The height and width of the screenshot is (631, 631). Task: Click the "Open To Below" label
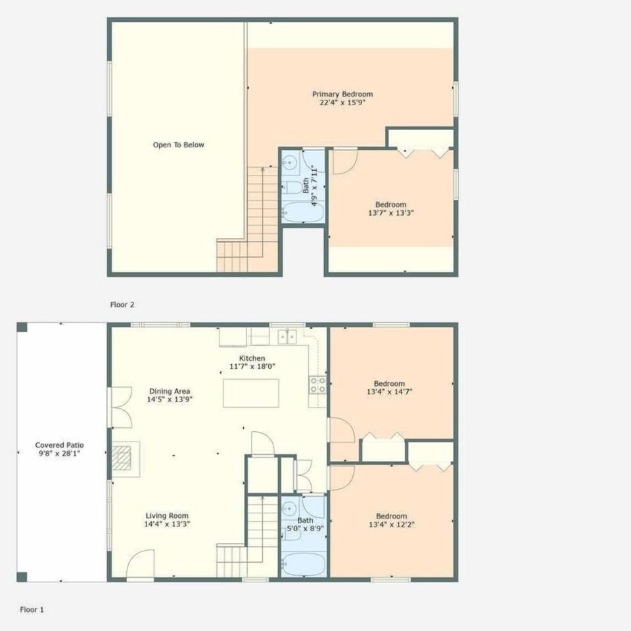(178, 145)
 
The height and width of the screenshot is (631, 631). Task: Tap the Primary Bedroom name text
(342, 95)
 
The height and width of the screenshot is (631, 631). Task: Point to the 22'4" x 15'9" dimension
(342, 103)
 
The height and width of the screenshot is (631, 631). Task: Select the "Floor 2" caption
(123, 305)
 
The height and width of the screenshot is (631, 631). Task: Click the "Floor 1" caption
(32, 609)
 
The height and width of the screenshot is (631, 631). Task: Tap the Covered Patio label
(59, 445)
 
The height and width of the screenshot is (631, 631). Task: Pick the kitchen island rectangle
(250, 393)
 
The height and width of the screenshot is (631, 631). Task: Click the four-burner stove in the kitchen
(318, 385)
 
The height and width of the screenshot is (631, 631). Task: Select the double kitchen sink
(287, 337)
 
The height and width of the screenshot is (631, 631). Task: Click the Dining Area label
(169, 391)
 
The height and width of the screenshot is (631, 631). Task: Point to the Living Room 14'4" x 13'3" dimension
(167, 525)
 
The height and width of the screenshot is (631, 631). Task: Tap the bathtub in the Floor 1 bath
(303, 564)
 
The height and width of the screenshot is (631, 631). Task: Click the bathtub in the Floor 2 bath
(303, 212)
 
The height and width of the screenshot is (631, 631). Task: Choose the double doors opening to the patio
(120, 408)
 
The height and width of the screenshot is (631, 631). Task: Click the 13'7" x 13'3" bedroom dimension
(390, 213)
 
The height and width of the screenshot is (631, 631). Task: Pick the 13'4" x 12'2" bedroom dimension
(390, 525)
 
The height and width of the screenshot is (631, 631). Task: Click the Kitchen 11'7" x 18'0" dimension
(252, 366)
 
